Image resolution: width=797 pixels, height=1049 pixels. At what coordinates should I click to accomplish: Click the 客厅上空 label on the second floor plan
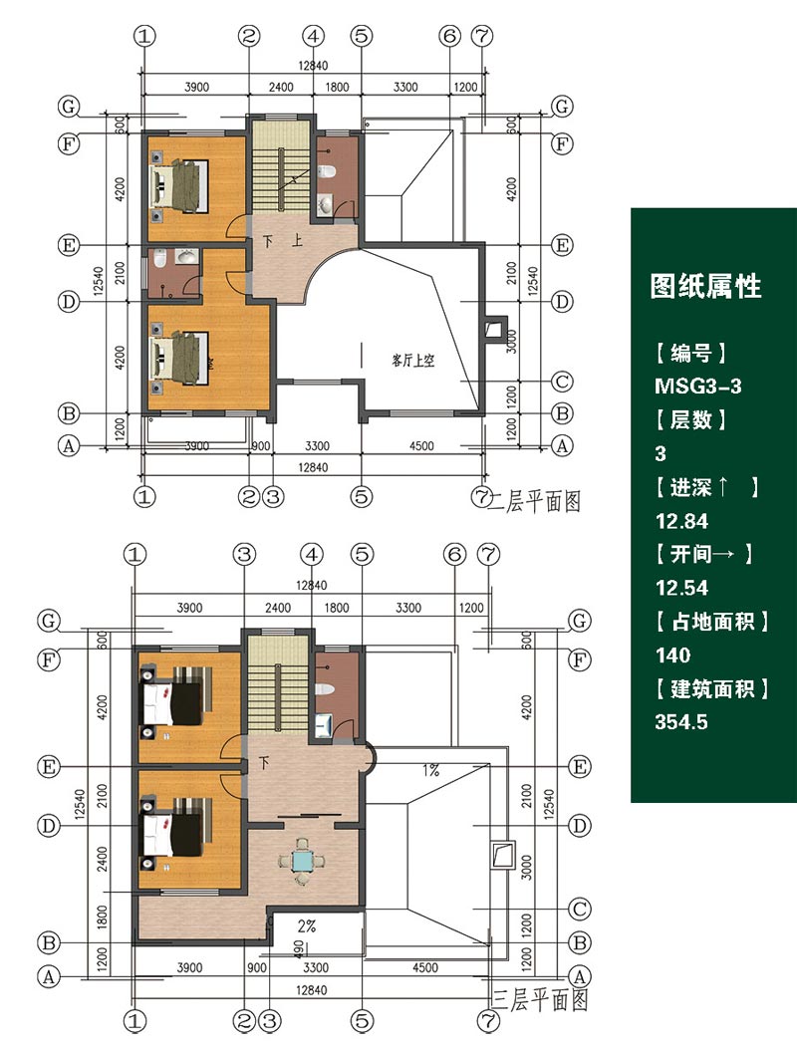[412, 361]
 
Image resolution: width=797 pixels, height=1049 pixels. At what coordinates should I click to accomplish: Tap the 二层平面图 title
[534, 501]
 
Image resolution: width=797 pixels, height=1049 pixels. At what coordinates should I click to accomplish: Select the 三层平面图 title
[540, 1000]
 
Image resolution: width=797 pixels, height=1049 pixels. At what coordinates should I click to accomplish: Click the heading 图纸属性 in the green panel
[705, 286]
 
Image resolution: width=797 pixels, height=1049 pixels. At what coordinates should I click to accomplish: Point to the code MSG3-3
[698, 386]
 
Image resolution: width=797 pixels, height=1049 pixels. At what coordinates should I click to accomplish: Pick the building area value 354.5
[681, 722]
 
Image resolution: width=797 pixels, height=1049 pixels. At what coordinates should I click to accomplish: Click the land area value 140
[672, 655]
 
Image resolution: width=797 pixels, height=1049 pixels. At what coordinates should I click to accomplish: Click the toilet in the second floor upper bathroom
[327, 170]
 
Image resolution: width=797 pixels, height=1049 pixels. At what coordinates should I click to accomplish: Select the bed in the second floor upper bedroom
[180, 184]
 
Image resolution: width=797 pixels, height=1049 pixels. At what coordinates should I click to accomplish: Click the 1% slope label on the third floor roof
[430, 770]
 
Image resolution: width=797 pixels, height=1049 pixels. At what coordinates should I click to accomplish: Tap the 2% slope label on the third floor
[307, 926]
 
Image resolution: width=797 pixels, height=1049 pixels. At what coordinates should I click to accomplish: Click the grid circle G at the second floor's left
[69, 107]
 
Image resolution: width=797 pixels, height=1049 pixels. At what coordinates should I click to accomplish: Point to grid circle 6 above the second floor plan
[449, 36]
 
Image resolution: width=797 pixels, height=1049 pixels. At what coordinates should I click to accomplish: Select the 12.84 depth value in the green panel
[681, 521]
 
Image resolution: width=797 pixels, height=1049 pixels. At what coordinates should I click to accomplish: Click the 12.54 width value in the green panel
[681, 588]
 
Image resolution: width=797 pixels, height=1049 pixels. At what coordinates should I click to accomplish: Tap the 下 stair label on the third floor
[264, 763]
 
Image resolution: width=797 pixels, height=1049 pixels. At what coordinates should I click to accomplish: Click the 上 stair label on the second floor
[297, 240]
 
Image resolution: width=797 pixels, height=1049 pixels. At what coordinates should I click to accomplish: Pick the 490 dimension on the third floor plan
[299, 948]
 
